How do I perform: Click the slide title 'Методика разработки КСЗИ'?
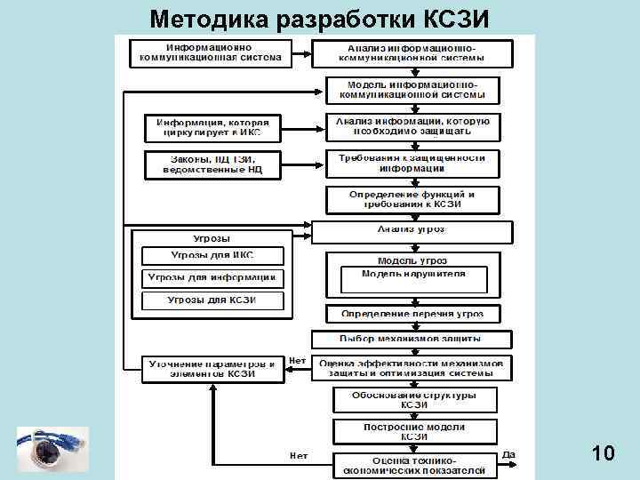(319, 19)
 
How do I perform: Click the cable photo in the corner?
(52, 450)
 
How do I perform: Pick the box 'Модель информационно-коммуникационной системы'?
(412, 90)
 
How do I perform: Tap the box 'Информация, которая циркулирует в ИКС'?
(212, 128)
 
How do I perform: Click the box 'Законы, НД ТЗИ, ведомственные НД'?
(212, 164)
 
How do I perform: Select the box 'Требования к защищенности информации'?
(412, 163)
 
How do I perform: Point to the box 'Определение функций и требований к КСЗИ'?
(412, 199)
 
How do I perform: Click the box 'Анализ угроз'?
(412, 230)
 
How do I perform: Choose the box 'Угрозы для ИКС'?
(212, 255)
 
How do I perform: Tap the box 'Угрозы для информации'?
(212, 277)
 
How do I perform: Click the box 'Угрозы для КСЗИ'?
(212, 300)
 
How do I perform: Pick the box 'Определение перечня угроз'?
(412, 314)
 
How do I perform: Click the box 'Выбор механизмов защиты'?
(412, 339)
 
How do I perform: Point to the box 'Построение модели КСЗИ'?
(413, 431)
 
